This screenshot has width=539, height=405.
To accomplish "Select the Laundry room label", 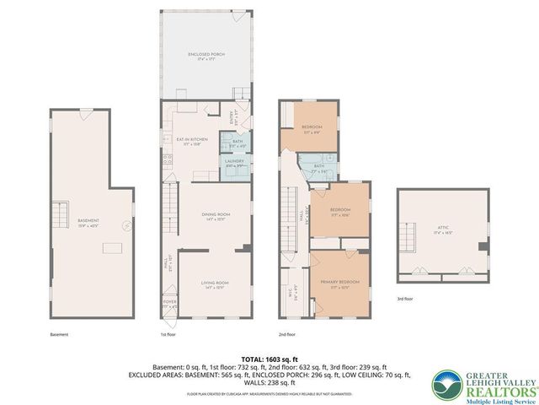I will [x=234, y=162].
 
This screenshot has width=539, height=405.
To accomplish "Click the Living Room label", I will [x=215, y=284].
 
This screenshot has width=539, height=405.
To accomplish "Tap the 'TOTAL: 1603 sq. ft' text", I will [x=269, y=359].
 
